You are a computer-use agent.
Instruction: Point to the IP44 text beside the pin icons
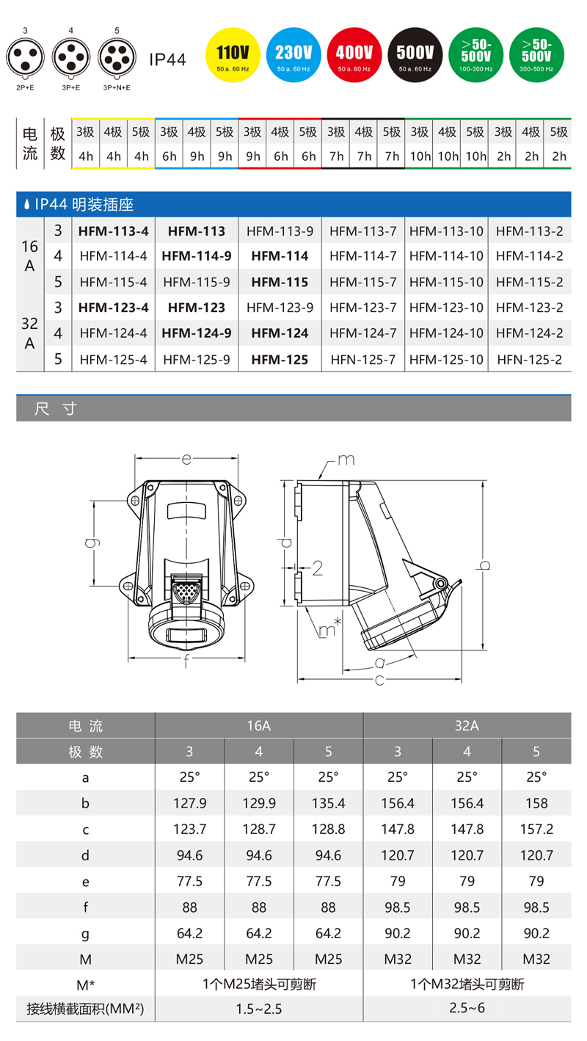168,59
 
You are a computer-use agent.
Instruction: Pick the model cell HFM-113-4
113,231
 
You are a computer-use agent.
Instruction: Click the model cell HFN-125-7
362,360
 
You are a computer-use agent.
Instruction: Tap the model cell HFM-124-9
196,333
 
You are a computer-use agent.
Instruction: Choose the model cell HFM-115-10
446,282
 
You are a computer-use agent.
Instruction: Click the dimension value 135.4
328,803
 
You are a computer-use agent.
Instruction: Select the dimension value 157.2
536,829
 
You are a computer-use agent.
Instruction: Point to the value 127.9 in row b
189,803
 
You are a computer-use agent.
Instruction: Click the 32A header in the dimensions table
467,726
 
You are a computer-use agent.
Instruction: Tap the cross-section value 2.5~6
467,1008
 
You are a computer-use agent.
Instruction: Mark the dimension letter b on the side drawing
484,565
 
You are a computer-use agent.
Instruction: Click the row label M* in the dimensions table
85,984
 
